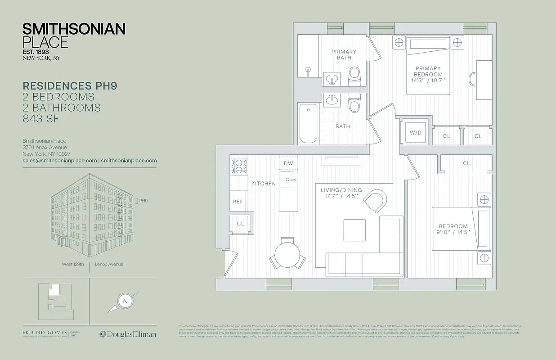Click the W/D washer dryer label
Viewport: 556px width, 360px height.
[x=415, y=133]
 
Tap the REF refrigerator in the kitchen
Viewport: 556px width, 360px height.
[x=238, y=202]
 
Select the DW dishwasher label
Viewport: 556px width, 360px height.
[x=288, y=163]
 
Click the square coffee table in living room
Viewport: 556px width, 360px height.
[x=354, y=230]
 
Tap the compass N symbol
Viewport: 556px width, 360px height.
[x=125, y=301]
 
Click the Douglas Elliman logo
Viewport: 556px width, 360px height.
[x=128, y=334]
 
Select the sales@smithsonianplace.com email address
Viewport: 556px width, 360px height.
[x=60, y=160]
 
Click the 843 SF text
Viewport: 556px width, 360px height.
[x=41, y=119]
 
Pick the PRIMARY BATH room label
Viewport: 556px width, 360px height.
[x=344, y=54]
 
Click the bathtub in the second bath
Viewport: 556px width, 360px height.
[x=309, y=123]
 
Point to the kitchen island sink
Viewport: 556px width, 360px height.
[x=288, y=180]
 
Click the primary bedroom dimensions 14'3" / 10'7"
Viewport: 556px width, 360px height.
[x=429, y=81]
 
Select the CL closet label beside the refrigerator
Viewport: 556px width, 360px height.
[x=240, y=224]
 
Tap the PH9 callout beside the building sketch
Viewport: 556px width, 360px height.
[x=143, y=201]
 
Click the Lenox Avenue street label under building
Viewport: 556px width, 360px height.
[x=109, y=264]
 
